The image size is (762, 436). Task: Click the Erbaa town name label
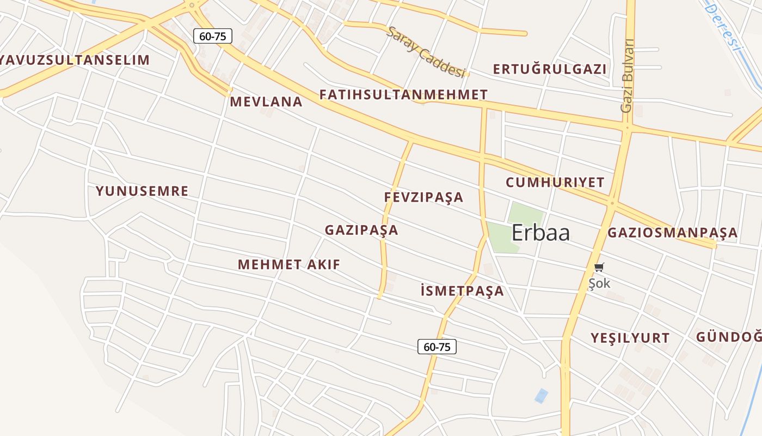(x=540, y=233)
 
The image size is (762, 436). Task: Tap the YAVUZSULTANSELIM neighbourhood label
(x=75, y=60)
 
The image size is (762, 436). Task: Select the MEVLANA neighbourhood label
(x=266, y=102)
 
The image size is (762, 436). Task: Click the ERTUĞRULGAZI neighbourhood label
(x=549, y=69)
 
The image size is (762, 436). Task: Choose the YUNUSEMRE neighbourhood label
(x=142, y=191)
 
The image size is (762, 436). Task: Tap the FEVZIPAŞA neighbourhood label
(x=423, y=197)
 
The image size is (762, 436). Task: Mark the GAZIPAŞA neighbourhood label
(x=361, y=231)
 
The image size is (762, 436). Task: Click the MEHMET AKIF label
(x=289, y=265)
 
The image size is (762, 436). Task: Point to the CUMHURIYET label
(x=555, y=183)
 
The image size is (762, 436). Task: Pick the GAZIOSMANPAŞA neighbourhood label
(x=672, y=233)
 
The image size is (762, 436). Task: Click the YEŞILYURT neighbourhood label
(x=630, y=338)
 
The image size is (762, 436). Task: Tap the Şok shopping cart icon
(x=599, y=267)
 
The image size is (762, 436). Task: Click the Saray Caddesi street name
(x=427, y=52)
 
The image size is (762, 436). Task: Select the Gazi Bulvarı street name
(x=628, y=76)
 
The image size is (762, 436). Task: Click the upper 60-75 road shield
(x=213, y=37)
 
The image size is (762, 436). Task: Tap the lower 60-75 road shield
(x=437, y=347)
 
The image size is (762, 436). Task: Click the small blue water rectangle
(x=541, y=396)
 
